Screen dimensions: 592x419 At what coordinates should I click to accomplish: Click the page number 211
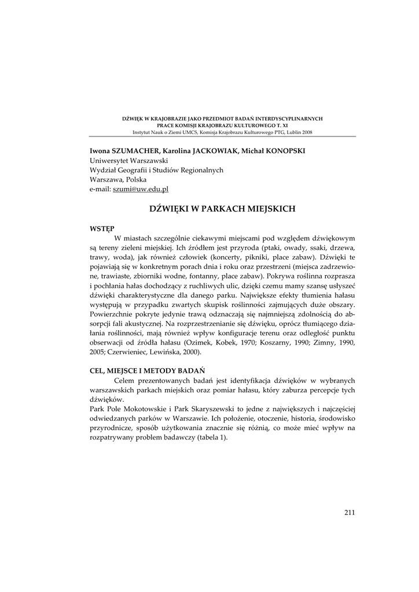349,512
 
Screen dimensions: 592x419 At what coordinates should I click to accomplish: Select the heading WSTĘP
102,228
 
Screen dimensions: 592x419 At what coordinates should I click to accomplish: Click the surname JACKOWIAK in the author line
216,151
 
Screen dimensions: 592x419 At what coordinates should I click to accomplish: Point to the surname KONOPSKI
282,151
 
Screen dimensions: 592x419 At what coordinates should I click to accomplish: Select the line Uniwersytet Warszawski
128,160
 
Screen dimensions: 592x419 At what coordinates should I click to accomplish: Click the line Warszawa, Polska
119,179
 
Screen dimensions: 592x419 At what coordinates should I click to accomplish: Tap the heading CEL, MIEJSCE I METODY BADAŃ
147,370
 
